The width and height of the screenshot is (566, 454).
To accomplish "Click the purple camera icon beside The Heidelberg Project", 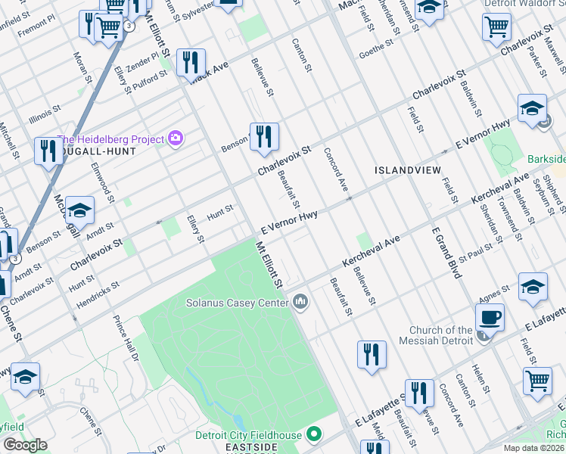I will coord(176,138).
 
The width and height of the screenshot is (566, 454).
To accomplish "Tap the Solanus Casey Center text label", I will coord(238,303).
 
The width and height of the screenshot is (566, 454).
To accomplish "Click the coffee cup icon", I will coord(490,317).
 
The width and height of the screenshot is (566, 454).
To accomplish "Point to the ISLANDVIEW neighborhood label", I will coord(407,170).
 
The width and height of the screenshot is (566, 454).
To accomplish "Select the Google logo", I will coord(25,445).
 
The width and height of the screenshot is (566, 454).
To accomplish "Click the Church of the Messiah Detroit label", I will coord(441,334).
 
